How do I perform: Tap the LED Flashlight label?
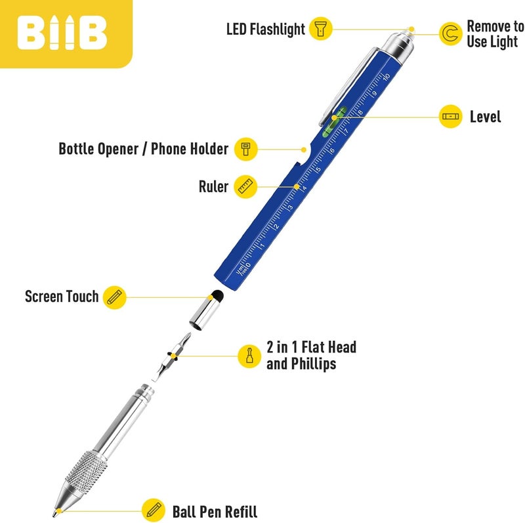(x=266, y=30)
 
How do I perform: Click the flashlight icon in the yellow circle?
(x=321, y=29)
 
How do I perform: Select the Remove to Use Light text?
(x=495, y=34)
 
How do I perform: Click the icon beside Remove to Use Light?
(x=450, y=34)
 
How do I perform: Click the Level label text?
(x=485, y=117)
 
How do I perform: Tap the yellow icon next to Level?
(x=450, y=117)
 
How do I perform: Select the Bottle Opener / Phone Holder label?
(x=143, y=149)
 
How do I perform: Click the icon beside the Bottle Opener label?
(x=246, y=149)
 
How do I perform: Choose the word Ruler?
(x=213, y=187)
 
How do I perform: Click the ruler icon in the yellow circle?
(x=246, y=187)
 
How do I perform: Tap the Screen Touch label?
(x=61, y=297)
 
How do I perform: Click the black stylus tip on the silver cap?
(x=218, y=295)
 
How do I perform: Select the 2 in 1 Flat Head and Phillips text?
(x=311, y=355)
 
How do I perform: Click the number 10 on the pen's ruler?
(x=387, y=77)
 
